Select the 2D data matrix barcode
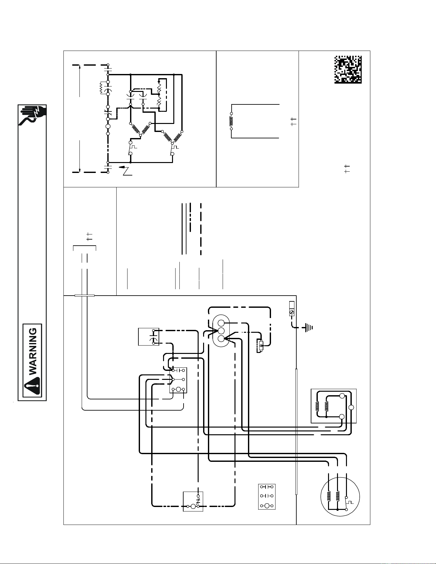pyautogui.click(x=348, y=69)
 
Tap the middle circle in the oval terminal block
pyautogui.click(x=220, y=331)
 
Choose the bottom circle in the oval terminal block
pyautogui.click(x=220, y=339)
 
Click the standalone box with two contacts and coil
pyautogui.click(x=267, y=497)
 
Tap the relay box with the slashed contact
pyautogui.click(x=193, y=501)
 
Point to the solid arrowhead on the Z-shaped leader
pyautogui.click(x=122, y=167)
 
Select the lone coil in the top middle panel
pyautogui.click(x=231, y=121)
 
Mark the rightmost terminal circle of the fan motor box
pyautogui.click(x=351, y=407)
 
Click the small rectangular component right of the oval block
pyautogui.click(x=260, y=345)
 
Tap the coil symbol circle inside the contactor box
pyautogui.click(x=178, y=389)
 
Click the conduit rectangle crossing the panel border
pyautogui.click(x=85, y=296)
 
